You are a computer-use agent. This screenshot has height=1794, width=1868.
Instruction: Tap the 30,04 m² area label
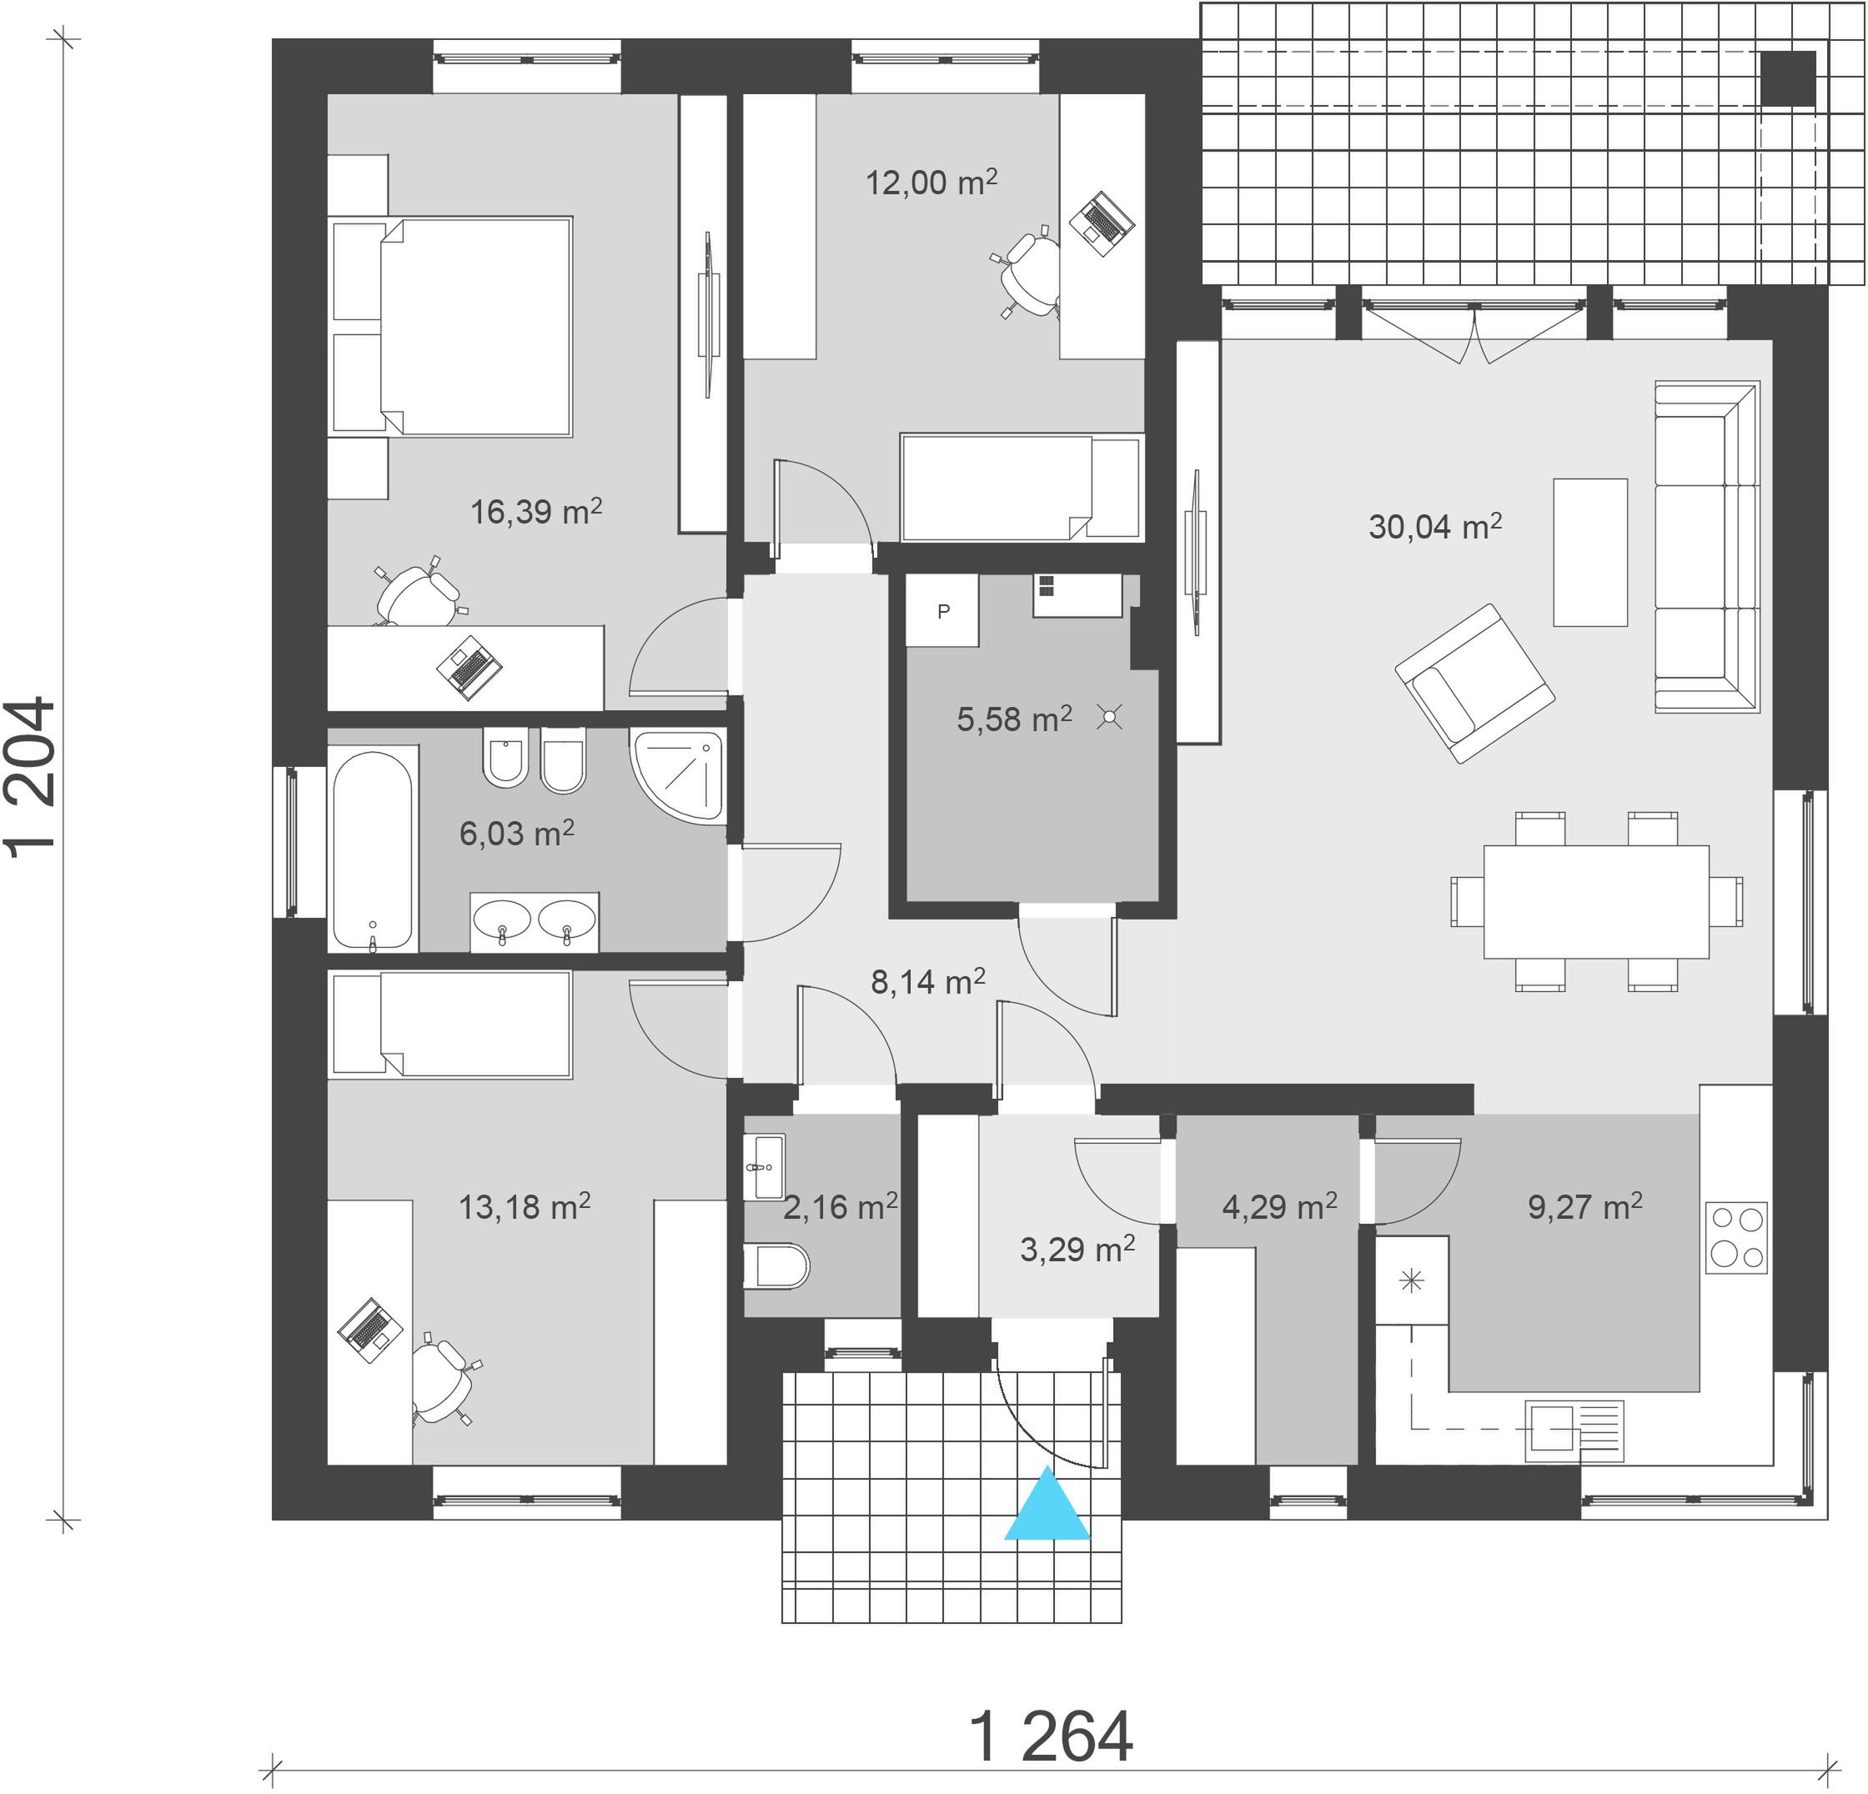pyautogui.click(x=1435, y=526)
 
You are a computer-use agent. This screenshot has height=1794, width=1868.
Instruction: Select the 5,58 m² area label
pyautogui.click(x=1014, y=719)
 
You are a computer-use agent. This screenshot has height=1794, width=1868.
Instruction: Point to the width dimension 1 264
pyautogui.click(x=1052, y=1736)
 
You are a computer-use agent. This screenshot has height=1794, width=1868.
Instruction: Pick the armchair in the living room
pyautogui.click(x=1474, y=682)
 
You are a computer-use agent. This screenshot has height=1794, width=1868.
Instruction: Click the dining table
pyautogui.click(x=1596, y=901)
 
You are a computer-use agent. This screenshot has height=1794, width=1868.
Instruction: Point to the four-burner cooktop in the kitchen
pyautogui.click(x=1735, y=1238)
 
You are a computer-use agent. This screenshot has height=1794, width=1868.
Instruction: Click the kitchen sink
pyautogui.click(x=1574, y=1430)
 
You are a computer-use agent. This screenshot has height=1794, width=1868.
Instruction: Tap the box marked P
pyautogui.click(x=942, y=611)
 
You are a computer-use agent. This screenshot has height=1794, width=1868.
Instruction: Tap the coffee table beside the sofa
pyautogui.click(x=1589, y=553)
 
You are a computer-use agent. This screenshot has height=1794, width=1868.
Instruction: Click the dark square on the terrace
pyautogui.click(x=1788, y=78)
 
